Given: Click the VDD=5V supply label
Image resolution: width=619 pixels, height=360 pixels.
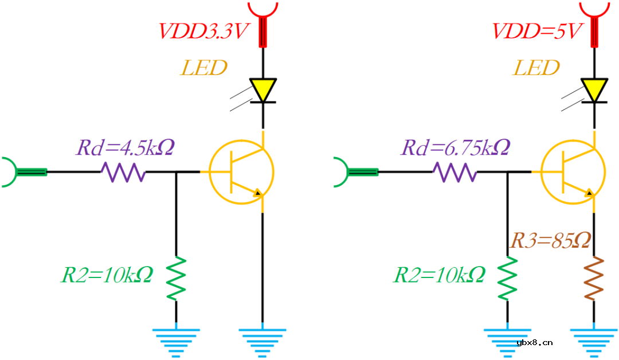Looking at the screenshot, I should click(536, 32).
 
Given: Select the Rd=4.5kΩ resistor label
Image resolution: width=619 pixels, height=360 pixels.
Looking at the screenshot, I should click(125, 148).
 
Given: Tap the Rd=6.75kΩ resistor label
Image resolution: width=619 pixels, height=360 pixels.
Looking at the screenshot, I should click(456, 148).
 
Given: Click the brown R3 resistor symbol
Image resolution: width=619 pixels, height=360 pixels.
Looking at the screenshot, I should click(594, 279).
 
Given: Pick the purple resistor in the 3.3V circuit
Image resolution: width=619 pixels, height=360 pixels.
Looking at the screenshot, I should click(123, 171).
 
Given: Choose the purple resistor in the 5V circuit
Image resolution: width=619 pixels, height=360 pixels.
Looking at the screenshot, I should click(455, 171).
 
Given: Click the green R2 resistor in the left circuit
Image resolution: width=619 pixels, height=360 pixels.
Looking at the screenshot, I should click(176, 279).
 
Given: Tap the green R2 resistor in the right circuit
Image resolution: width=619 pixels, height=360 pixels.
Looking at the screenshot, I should click(507, 279).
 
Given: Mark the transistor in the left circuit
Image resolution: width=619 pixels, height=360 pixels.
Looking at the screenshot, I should click(241, 171).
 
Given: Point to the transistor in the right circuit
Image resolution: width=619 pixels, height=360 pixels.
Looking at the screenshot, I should click(573, 171).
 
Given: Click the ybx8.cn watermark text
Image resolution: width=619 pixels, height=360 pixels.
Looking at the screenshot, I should click(534, 343).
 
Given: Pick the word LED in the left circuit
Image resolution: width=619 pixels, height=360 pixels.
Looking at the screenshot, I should click(204, 68).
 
